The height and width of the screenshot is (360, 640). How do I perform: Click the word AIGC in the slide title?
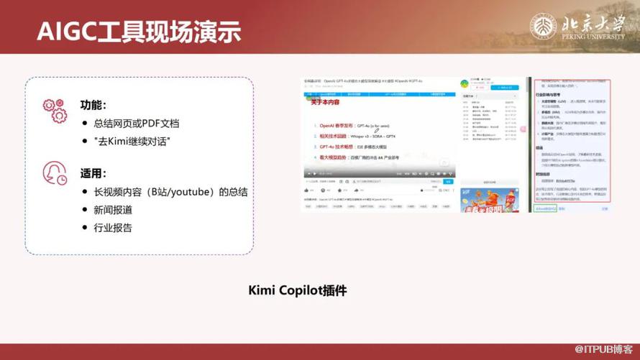click(x=58, y=32)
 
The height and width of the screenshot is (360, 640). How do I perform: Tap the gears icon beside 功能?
click(x=54, y=111)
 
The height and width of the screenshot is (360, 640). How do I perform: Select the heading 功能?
click(x=93, y=105)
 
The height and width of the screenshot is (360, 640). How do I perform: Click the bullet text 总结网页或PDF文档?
click(x=136, y=124)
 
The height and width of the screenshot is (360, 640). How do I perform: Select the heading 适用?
click(x=93, y=173)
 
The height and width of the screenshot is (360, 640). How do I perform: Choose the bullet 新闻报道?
click(x=113, y=210)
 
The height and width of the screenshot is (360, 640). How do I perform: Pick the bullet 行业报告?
click(x=113, y=228)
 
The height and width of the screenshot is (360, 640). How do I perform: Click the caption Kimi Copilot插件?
click(x=298, y=290)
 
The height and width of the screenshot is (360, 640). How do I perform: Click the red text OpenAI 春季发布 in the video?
click(x=337, y=125)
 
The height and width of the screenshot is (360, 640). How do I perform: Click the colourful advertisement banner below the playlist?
click(x=489, y=199)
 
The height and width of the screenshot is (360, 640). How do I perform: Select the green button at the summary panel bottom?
click(x=546, y=208)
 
